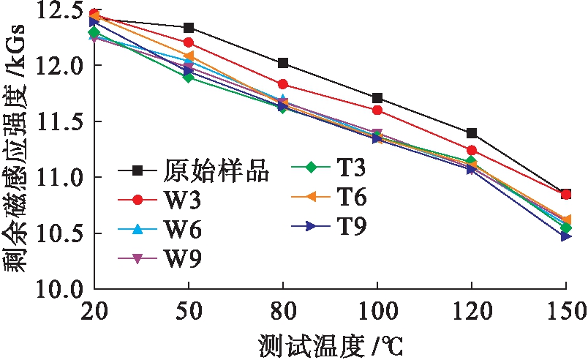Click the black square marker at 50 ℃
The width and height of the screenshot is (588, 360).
(189, 28)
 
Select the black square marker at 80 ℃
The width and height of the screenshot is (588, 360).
(283, 63)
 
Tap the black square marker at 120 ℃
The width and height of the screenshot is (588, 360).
(472, 133)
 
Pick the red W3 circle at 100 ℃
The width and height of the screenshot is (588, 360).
(377, 110)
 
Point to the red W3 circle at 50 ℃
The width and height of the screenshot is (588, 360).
(189, 42)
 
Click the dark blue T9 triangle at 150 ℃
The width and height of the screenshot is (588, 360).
(566, 236)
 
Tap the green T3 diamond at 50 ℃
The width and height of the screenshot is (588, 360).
(189, 77)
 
